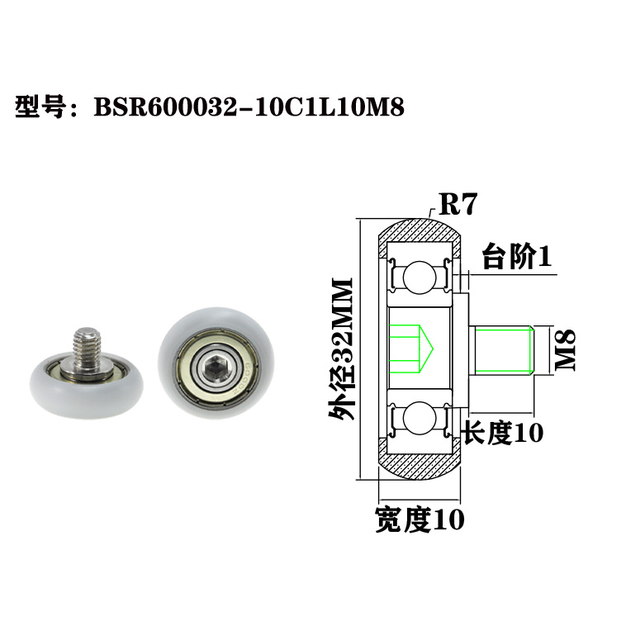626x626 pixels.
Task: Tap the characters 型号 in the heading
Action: [40, 107]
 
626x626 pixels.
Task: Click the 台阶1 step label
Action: [515, 257]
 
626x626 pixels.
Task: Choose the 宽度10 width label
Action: [420, 519]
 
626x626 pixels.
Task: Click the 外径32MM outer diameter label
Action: [341, 350]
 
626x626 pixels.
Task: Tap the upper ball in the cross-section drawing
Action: [420, 275]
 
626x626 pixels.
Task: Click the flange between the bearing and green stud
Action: [465, 348]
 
